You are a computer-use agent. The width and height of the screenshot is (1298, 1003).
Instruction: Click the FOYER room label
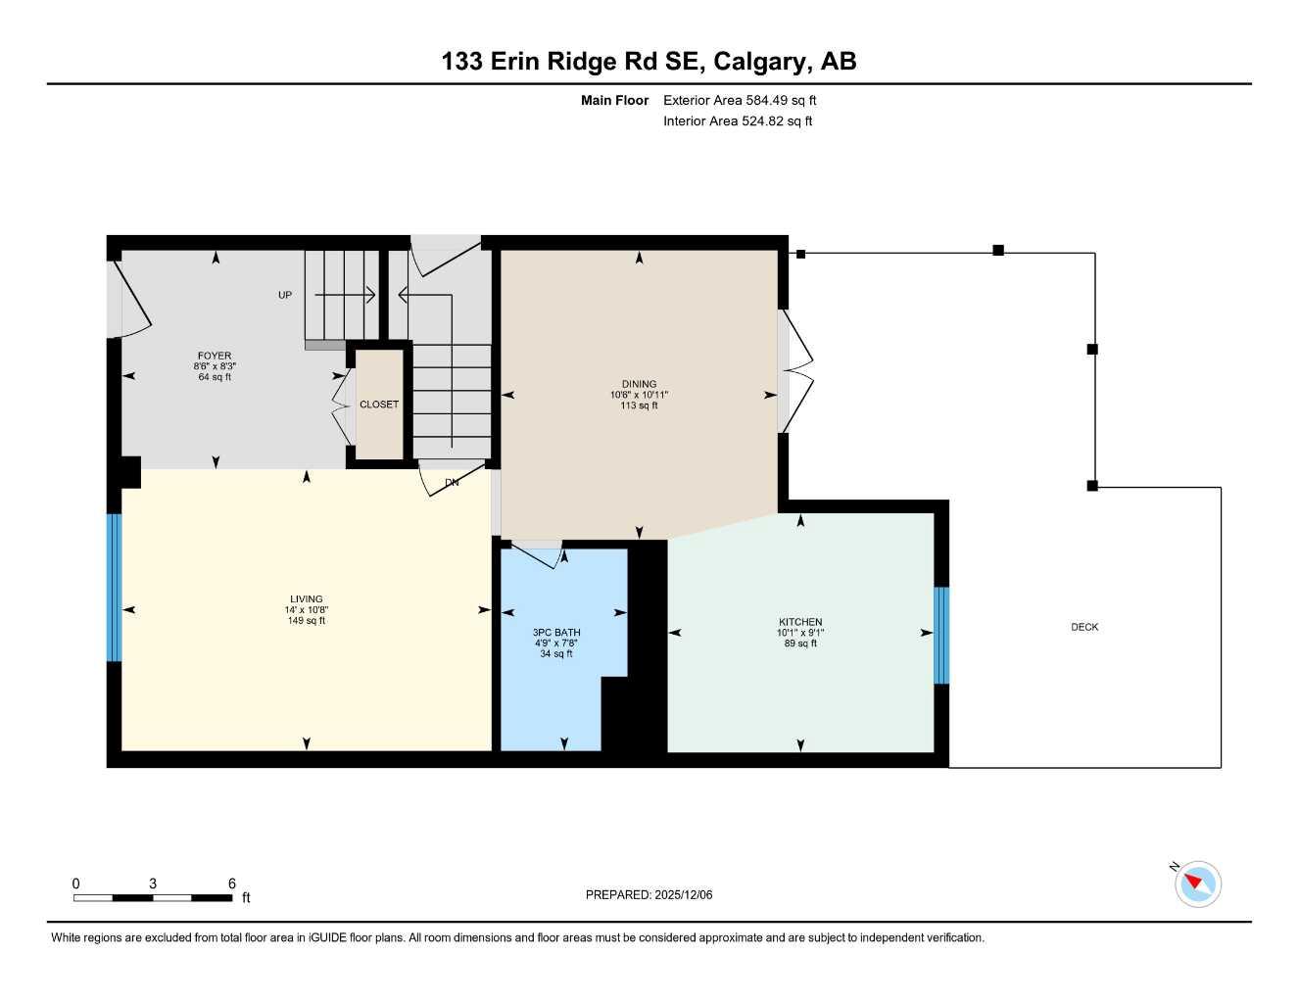(215, 357)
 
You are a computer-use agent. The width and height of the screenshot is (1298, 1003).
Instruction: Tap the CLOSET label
(379, 405)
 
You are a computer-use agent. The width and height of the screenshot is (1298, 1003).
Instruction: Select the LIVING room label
(307, 599)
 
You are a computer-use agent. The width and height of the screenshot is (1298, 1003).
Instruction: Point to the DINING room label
(639, 385)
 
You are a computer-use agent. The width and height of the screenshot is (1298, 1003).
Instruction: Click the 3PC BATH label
(556, 633)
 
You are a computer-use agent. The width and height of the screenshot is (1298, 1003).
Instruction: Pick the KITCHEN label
(800, 622)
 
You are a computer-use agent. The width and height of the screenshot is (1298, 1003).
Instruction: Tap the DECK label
(1084, 627)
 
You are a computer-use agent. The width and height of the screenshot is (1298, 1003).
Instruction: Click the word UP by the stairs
(285, 295)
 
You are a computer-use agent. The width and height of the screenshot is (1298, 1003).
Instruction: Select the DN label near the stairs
(452, 483)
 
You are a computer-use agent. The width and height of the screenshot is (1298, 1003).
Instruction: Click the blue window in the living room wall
(114, 588)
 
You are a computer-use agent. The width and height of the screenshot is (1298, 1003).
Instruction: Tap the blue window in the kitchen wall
(941, 635)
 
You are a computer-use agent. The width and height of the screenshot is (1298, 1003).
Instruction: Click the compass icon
(1197, 884)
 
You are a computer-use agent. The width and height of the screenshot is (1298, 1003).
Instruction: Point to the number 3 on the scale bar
(153, 884)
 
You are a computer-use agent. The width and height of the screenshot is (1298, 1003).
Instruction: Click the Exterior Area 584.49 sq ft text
(740, 100)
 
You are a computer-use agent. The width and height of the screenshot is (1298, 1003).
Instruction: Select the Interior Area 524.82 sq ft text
(738, 121)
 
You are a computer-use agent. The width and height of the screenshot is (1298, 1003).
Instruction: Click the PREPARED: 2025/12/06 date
(649, 894)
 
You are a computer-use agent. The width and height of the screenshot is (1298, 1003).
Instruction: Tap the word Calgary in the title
(761, 61)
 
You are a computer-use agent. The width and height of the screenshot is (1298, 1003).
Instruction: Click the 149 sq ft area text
(307, 621)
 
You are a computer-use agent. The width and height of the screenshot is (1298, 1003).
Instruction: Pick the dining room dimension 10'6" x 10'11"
(639, 396)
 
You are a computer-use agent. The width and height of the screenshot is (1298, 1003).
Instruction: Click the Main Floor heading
(614, 100)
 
